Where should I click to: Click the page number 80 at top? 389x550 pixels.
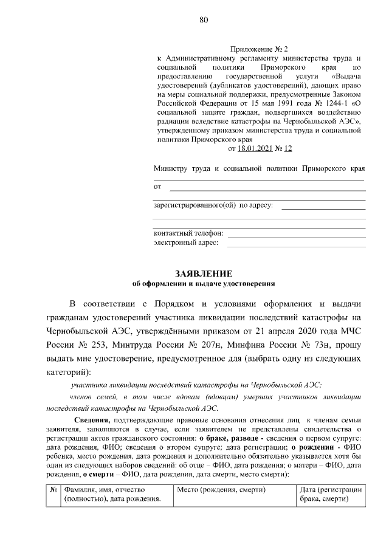(203, 20)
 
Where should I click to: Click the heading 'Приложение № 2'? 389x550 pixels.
(259, 47)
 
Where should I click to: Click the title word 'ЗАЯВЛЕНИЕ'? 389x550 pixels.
(204, 273)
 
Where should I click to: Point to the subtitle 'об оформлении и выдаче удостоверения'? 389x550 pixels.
(204, 284)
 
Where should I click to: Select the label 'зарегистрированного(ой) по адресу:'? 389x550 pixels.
(213, 205)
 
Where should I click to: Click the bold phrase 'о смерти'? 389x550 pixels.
(99, 474)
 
